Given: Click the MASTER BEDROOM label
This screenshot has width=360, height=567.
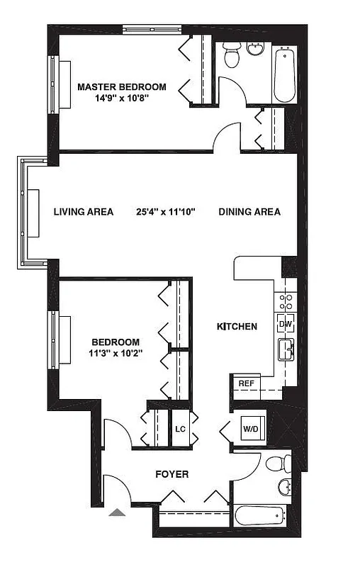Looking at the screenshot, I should click(x=122, y=87).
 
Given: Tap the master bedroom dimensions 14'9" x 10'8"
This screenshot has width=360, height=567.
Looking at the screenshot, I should click(x=122, y=99).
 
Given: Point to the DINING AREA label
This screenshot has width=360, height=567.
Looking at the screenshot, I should click(x=249, y=212).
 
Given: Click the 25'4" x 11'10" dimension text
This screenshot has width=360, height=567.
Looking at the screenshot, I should click(x=166, y=212).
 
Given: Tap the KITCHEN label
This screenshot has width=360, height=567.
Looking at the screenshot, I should click(x=236, y=327).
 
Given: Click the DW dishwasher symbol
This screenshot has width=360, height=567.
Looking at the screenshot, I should click(x=286, y=324).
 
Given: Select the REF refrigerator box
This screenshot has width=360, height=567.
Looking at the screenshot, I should click(x=246, y=383).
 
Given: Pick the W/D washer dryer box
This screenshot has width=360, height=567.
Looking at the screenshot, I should click(x=251, y=429).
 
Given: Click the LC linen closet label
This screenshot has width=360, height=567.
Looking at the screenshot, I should click(x=180, y=430).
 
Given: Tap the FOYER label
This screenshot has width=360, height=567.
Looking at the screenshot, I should click(x=171, y=474).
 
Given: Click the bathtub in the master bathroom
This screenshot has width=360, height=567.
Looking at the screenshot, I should click(x=285, y=74).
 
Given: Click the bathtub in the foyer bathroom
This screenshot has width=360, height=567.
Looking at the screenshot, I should click(x=260, y=515).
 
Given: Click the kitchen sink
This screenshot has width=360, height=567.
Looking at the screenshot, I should click(x=286, y=349).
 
